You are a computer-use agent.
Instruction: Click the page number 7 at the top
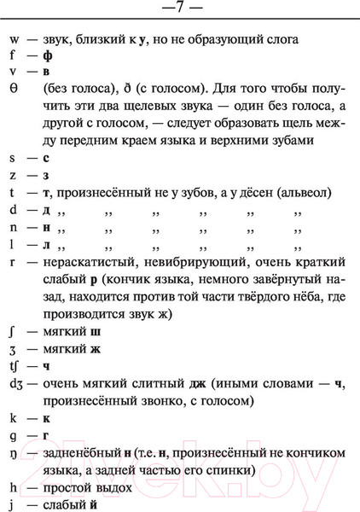180,9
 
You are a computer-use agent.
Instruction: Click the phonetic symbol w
15,40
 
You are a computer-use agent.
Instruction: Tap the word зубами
289,141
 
